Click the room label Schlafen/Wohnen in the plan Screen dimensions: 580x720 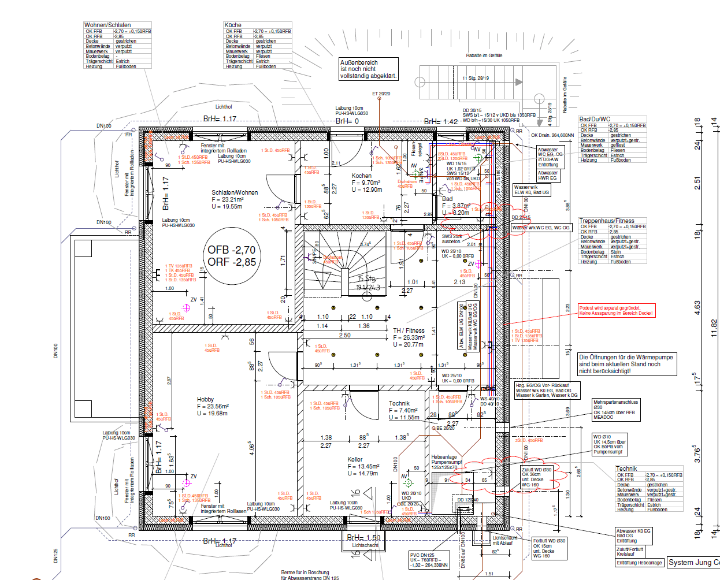point(235,192)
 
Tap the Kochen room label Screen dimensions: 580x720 point(362,176)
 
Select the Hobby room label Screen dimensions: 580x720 point(205,399)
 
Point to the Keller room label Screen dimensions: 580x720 point(355,459)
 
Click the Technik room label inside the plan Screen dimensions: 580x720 point(399,403)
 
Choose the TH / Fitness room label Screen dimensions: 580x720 point(409,330)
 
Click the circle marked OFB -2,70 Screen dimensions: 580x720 point(232,256)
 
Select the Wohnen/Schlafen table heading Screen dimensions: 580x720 point(107,25)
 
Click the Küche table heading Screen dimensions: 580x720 point(233,25)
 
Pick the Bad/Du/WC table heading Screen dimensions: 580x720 point(595,119)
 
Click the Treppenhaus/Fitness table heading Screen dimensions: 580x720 point(607,221)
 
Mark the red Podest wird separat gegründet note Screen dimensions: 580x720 point(616,311)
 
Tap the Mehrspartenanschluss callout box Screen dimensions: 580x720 point(615,410)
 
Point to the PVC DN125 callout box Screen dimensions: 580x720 point(428,560)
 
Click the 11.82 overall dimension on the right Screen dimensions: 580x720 point(714,328)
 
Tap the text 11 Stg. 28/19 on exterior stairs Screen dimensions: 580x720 point(475,78)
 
